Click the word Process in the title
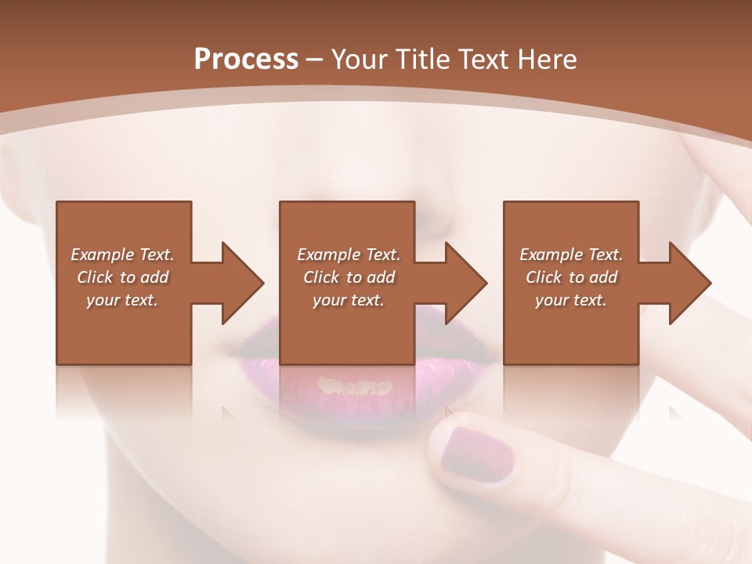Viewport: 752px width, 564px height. pos(246,60)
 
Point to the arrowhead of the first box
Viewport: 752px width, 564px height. pos(242,283)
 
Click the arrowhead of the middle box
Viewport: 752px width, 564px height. pos(465,283)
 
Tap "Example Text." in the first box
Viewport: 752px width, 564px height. pos(122,255)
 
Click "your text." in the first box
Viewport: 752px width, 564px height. pos(122,300)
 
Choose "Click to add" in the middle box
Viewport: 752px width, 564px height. pos(349,277)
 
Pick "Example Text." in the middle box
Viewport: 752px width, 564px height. pos(349,255)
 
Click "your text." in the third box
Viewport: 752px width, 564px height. pos(571,300)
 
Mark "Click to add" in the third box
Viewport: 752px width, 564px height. pos(571,277)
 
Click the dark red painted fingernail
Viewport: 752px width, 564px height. pos(475,454)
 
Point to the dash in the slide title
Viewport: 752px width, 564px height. pos(315,60)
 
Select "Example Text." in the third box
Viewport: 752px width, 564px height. pos(571,255)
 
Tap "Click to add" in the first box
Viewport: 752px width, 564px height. pos(122,277)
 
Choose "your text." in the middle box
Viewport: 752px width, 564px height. pos(349,300)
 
